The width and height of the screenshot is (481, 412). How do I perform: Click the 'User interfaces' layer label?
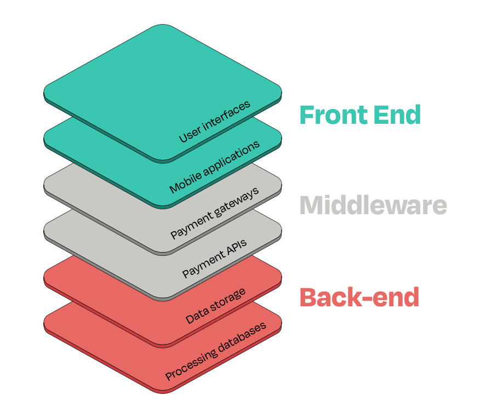(215, 122)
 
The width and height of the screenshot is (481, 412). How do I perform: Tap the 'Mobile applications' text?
(214, 168)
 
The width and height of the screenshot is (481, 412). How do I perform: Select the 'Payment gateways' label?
(214, 214)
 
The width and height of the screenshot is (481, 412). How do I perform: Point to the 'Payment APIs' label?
(215, 259)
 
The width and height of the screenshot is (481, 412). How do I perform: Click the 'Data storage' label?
(215, 305)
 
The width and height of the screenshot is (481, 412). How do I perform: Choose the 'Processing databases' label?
(216, 351)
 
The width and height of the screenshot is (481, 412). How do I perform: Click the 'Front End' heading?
(360, 115)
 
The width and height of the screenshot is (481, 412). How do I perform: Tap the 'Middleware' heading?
(373, 205)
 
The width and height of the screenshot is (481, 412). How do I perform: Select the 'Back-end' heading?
(359, 297)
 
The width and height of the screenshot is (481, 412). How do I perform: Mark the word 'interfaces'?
(226, 115)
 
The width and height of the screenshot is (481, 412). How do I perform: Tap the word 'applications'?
(228, 159)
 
